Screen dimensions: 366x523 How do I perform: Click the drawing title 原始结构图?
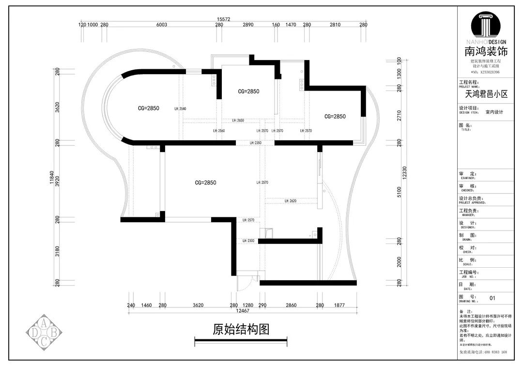click(241, 330)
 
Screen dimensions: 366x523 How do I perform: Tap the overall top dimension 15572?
click(223, 20)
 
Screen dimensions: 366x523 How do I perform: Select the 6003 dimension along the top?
click(162, 25)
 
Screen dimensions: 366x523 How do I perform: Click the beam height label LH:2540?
click(180, 109)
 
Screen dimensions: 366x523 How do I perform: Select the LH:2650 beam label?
click(238, 121)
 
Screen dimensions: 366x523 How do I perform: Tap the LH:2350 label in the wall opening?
click(255, 143)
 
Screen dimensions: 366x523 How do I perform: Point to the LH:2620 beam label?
click(290, 201)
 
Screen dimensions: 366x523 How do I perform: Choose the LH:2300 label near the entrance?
click(248, 241)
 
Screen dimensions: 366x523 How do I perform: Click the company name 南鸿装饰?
click(486, 51)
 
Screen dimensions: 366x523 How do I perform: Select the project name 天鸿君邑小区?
click(486, 94)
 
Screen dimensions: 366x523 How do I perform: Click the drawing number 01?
click(493, 298)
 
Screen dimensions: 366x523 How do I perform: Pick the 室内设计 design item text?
click(494, 112)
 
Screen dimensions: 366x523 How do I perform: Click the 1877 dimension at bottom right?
click(338, 305)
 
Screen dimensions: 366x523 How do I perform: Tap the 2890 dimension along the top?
click(248, 25)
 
